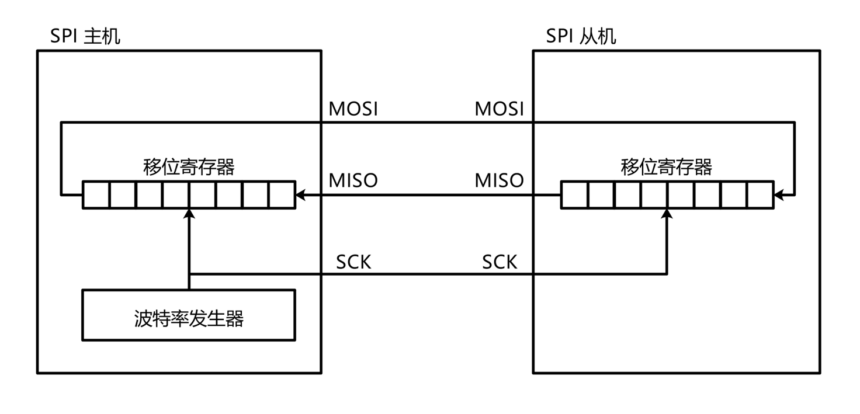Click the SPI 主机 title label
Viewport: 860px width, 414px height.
click(x=85, y=37)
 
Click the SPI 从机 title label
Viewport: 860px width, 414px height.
click(x=581, y=37)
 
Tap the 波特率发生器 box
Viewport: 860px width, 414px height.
click(x=189, y=315)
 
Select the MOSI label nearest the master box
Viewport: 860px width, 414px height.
click(x=353, y=109)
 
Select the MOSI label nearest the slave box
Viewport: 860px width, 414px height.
click(x=499, y=109)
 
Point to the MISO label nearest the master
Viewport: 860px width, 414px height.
click(x=353, y=180)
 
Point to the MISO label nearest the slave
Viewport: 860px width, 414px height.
click(x=499, y=180)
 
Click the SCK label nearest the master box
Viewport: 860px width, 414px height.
click(x=353, y=262)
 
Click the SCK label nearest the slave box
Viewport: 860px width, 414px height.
click(x=500, y=262)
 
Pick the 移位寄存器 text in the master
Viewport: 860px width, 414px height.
click(x=189, y=168)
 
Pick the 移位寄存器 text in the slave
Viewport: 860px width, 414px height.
click(x=667, y=168)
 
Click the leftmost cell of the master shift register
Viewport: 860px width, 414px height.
click(x=96, y=195)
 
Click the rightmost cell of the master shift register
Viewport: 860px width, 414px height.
click(x=282, y=195)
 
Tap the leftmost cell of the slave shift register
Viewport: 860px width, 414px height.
click(x=574, y=195)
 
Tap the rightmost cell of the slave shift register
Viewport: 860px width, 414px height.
click(x=760, y=195)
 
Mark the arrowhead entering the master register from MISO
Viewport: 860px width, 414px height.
click(x=300, y=195)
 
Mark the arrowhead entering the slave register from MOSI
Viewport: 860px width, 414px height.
click(x=779, y=195)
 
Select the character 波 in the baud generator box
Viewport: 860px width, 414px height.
click(x=143, y=319)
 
